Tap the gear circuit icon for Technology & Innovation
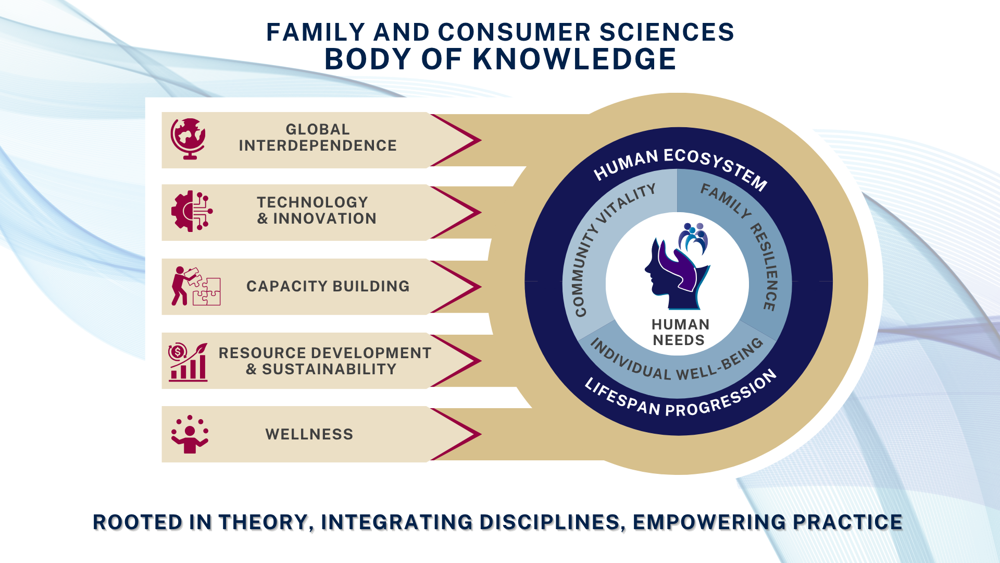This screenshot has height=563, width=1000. (192, 211)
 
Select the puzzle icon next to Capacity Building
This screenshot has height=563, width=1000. (196, 286)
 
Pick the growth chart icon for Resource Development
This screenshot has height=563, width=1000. (188, 362)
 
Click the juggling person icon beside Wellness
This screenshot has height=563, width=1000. (190, 434)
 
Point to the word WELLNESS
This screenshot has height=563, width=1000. (309, 434)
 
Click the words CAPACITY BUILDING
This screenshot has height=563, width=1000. (328, 286)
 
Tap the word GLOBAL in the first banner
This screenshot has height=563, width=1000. (318, 129)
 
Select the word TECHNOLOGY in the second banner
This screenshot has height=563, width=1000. (312, 202)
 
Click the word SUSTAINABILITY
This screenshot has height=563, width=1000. (329, 369)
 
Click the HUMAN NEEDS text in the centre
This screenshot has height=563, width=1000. (680, 332)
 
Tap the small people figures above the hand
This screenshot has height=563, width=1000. (693, 238)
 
